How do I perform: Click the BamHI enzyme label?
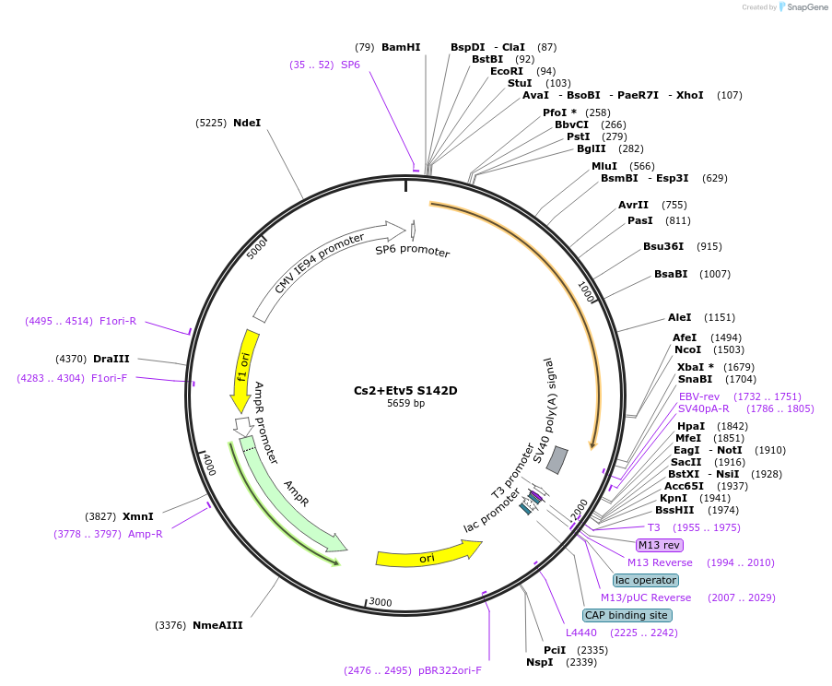pos(400,47)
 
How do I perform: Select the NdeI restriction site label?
pos(246,123)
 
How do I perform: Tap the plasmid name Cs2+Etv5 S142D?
pos(405,390)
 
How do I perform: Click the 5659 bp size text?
pos(405,403)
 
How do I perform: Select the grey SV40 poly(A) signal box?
pos(557,460)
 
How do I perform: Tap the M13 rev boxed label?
pos(660,545)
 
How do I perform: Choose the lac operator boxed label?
pos(645,580)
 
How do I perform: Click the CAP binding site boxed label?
pos(627,615)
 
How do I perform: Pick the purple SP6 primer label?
pos(350,65)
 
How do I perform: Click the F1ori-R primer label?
pos(117,321)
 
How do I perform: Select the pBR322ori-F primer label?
pos(449,670)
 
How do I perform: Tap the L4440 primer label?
pos(581,633)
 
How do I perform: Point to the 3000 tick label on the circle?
pos(380,603)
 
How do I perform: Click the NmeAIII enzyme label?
pos(217,625)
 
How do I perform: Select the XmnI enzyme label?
pos(137,516)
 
